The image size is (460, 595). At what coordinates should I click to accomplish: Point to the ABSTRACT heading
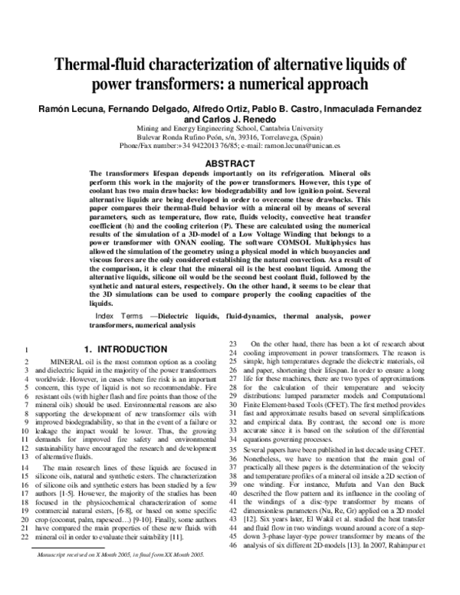tap(230, 163)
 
